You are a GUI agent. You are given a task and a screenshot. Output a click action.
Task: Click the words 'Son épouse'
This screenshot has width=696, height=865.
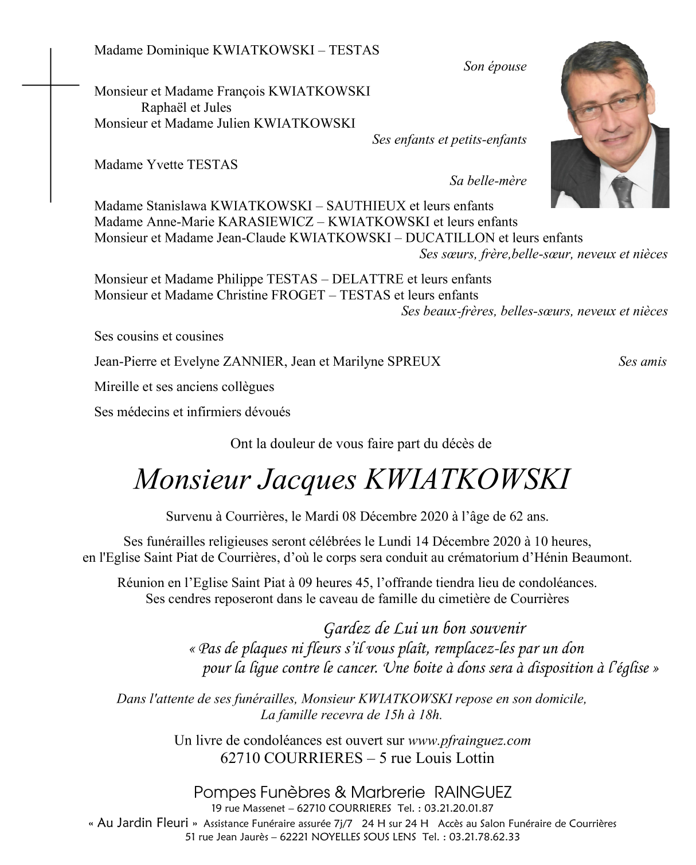tap(494, 66)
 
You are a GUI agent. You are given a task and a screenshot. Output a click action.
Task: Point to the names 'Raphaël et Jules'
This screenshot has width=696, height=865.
tap(186, 108)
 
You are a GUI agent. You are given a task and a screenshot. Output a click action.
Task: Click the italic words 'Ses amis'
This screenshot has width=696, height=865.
tap(642, 362)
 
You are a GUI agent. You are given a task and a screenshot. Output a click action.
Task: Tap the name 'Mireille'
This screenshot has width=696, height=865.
tap(116, 387)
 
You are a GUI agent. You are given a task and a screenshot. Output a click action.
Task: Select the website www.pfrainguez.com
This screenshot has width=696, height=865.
tap(469, 741)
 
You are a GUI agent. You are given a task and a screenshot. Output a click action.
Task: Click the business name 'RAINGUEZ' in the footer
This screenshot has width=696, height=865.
tap(472, 793)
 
